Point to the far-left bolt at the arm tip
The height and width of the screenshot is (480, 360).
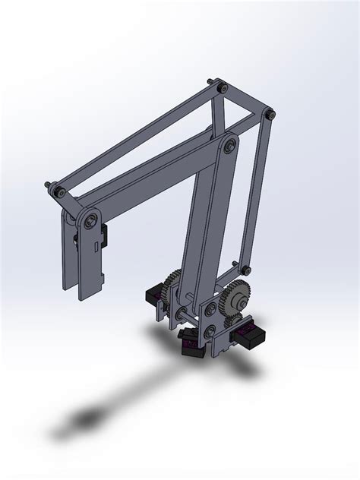click(51, 185)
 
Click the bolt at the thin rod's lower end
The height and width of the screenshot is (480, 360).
click(245, 269)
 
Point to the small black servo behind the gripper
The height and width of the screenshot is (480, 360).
click(107, 236)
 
